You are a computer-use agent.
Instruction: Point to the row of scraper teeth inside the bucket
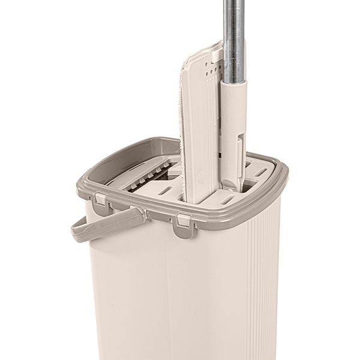[x=144, y=177]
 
